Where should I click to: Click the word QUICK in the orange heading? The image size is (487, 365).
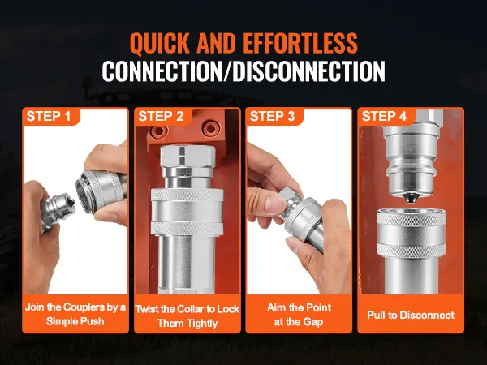160,43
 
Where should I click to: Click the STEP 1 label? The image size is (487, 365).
49,116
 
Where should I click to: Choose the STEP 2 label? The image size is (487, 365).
161,116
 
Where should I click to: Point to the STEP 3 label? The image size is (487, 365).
272,116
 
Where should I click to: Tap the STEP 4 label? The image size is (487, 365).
384,116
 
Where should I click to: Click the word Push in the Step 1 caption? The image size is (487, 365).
93,321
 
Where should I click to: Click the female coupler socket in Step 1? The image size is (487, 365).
99,191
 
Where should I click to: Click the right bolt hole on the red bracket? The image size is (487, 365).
212,128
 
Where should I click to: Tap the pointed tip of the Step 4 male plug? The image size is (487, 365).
411,199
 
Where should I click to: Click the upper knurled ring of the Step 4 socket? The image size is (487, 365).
412,217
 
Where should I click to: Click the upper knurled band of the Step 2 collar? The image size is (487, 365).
187,195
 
